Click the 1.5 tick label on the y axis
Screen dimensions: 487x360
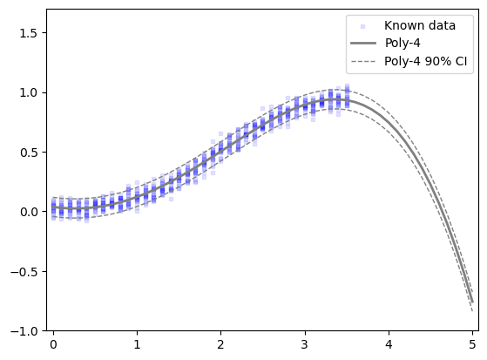pos(29,33)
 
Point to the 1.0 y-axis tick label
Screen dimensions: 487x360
pos(29,93)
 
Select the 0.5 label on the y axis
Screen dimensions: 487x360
pos(29,153)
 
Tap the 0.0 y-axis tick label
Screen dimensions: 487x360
pos(29,212)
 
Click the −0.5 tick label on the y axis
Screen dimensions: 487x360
pos(24,272)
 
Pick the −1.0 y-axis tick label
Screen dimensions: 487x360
pos(24,331)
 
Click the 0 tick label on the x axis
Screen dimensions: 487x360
pos(53,344)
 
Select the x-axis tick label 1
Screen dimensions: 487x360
pos(137,344)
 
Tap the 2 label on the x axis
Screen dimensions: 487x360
pos(220,344)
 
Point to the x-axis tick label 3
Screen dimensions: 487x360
pos(305,344)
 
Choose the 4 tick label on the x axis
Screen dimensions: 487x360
pos(389,344)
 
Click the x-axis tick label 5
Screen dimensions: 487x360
pos(472,344)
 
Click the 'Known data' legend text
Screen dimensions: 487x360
pos(420,25)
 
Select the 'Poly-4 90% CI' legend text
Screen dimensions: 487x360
pos(426,61)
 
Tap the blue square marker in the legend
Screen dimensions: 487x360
pos(362,27)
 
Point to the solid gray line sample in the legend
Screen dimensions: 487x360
pos(363,43)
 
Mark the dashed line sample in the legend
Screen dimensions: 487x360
pos(363,61)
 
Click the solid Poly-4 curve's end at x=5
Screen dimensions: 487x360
pos(472,302)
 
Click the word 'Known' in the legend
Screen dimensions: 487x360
pos(402,25)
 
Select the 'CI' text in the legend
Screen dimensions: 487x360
pos(461,61)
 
